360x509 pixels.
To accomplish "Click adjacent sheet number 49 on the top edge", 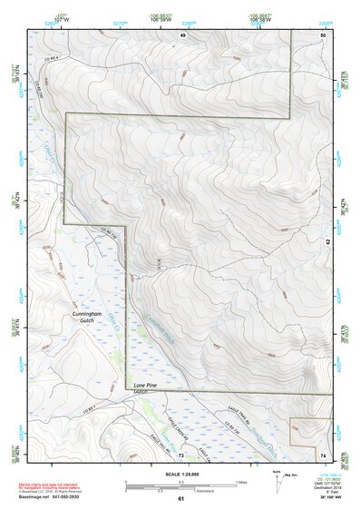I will coord(181,34).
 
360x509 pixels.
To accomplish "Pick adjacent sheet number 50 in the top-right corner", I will coord(323,34).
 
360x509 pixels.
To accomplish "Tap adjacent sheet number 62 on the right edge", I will coord(327,241).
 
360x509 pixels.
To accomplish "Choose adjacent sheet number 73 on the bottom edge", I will coord(181,455).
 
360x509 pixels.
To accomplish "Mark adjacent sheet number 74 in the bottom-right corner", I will coord(323,455).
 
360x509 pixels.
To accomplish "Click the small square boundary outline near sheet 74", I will coord(301,432).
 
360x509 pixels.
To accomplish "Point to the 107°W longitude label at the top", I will coord(62,17).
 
